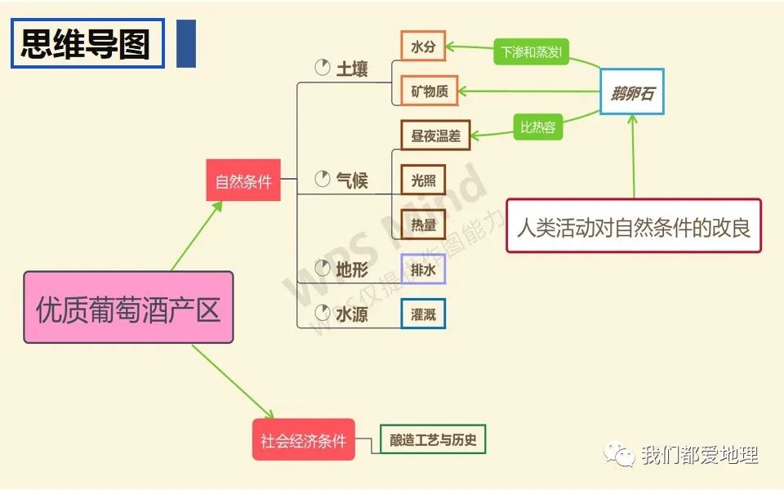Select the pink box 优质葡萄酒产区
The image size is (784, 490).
tap(128, 307)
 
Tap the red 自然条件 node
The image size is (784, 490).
tap(243, 180)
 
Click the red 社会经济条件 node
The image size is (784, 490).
tap(303, 440)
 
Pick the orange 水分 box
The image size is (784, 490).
tap(423, 47)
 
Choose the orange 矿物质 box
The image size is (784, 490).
tap(430, 91)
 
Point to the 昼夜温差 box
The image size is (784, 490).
tap(435, 136)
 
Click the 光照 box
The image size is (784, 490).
tap(423, 180)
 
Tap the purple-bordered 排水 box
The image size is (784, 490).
tap(423, 269)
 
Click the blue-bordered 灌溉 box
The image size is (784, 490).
tap(423, 314)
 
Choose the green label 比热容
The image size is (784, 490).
tap(539, 127)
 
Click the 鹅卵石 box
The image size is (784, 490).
tap(632, 91)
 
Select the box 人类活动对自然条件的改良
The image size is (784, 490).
tap(633, 225)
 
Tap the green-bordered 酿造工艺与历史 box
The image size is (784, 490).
tap(433, 440)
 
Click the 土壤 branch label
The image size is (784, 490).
tap(352, 69)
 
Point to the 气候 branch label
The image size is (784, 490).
tap(352, 180)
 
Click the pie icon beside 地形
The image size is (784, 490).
tap(322, 267)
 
